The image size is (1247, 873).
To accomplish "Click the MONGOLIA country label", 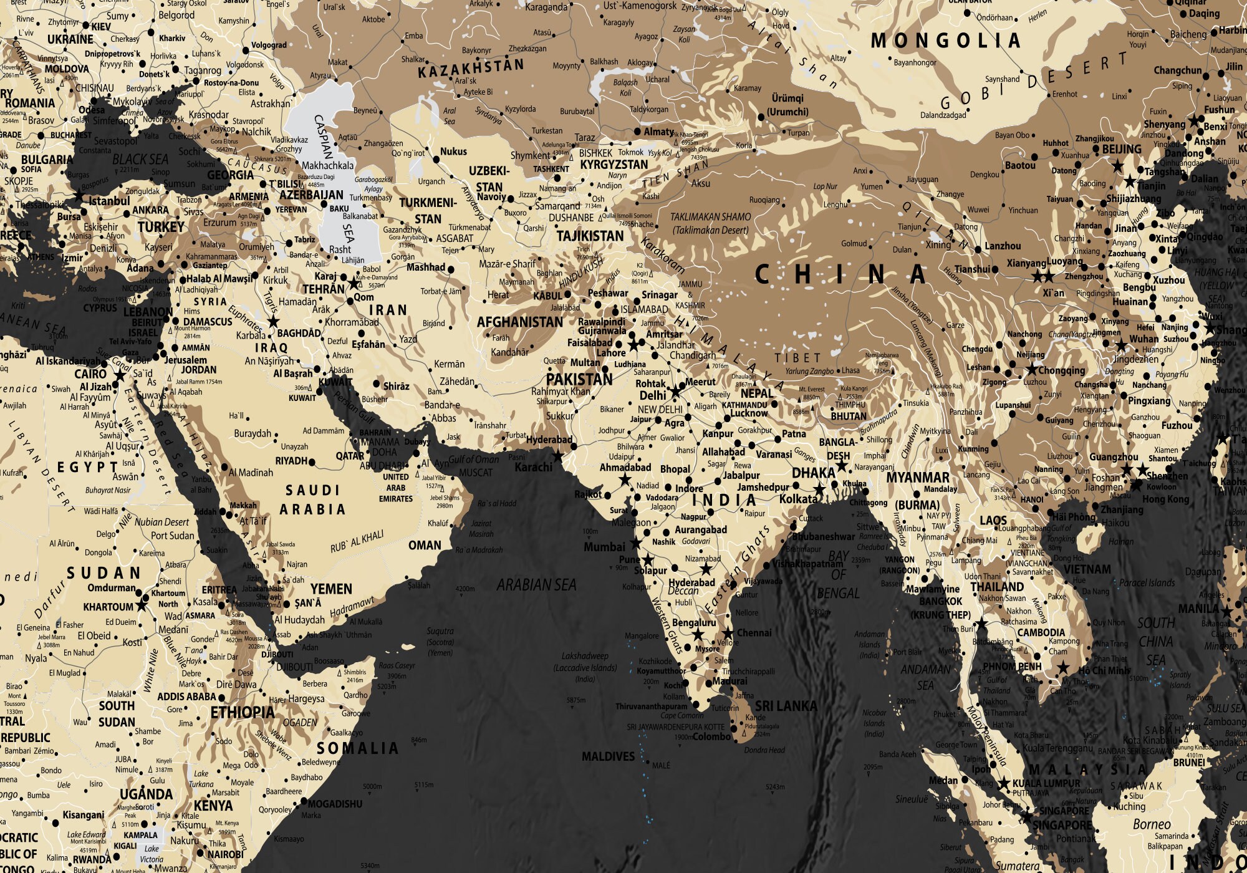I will tap(945, 41).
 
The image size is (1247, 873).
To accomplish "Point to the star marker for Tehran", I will tap(354, 284).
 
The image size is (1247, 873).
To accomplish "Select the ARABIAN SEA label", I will tap(536, 585).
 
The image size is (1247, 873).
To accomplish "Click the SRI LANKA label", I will tap(786, 706).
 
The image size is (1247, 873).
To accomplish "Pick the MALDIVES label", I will tap(608, 756).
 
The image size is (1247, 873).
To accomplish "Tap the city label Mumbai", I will tap(604, 547).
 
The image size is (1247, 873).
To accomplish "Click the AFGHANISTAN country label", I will tap(519, 322).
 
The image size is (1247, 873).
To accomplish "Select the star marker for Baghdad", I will tap(272, 322).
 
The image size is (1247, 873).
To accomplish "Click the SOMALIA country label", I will tap(357, 748).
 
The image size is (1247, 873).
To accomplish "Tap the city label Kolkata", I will tap(798, 499).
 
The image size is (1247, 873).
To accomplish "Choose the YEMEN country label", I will tap(331, 589).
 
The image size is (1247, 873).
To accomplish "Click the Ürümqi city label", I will tap(787, 98).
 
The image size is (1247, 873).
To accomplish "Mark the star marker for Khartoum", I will tap(142, 605).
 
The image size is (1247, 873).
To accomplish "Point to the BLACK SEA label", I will tap(140, 159).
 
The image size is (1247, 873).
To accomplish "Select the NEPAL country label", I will tap(756, 393).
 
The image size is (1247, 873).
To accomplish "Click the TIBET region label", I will tap(797, 358).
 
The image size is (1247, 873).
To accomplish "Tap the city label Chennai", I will tap(754, 633).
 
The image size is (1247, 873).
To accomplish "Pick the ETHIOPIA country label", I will tap(242, 712).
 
